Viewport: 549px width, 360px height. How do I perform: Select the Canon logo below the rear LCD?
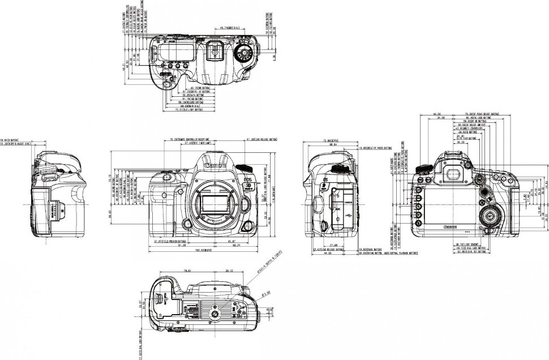[451, 227]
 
